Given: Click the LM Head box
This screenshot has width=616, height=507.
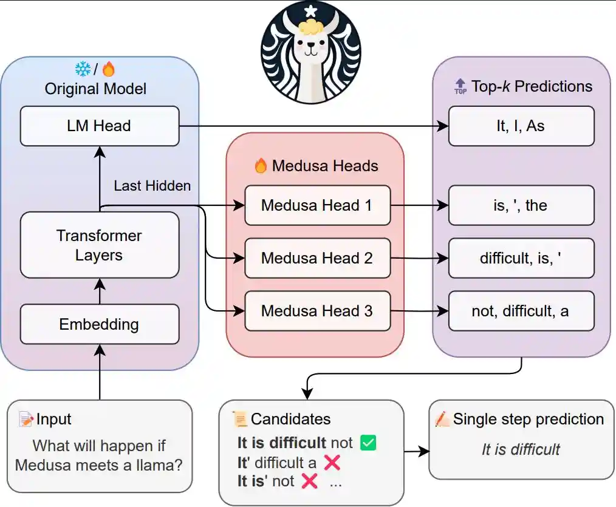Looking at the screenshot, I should pyautogui.click(x=100, y=126).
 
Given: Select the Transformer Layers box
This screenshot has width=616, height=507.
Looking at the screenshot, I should pyautogui.click(x=100, y=245).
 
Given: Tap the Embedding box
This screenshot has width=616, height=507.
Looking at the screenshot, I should pyautogui.click(x=100, y=324).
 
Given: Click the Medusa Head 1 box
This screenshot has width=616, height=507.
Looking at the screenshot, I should pyautogui.click(x=317, y=205).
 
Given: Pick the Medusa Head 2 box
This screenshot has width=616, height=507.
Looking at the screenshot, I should pyautogui.click(x=317, y=258).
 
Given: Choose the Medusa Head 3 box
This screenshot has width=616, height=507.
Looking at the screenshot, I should pyautogui.click(x=317, y=311).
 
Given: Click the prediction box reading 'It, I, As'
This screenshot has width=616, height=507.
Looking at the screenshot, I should pyautogui.click(x=521, y=126).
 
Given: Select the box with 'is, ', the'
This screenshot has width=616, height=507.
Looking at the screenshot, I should pyautogui.click(x=521, y=205).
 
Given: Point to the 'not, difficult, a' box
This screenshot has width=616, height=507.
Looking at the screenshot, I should pyautogui.click(x=521, y=311).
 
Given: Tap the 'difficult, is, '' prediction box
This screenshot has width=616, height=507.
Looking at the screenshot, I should pyautogui.click(x=521, y=258).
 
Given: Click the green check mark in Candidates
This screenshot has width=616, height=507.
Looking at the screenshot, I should pyautogui.click(x=368, y=443).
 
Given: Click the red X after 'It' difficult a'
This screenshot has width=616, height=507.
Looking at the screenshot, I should pyautogui.click(x=332, y=463).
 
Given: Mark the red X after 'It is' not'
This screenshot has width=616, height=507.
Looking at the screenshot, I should pyautogui.click(x=310, y=481).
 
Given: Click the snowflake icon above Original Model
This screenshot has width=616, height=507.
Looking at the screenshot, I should pyautogui.click(x=83, y=69).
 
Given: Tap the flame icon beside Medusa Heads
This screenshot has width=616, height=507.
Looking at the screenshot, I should pyautogui.click(x=261, y=165).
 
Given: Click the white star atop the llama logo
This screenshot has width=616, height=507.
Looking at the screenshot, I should pyautogui.click(x=311, y=11).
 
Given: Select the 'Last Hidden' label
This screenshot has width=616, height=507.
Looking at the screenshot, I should pyautogui.click(x=152, y=186).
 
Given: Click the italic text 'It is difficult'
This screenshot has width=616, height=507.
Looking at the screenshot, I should pyautogui.click(x=521, y=450).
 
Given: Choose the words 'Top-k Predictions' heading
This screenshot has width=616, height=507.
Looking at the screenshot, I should pyautogui.click(x=532, y=86).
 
